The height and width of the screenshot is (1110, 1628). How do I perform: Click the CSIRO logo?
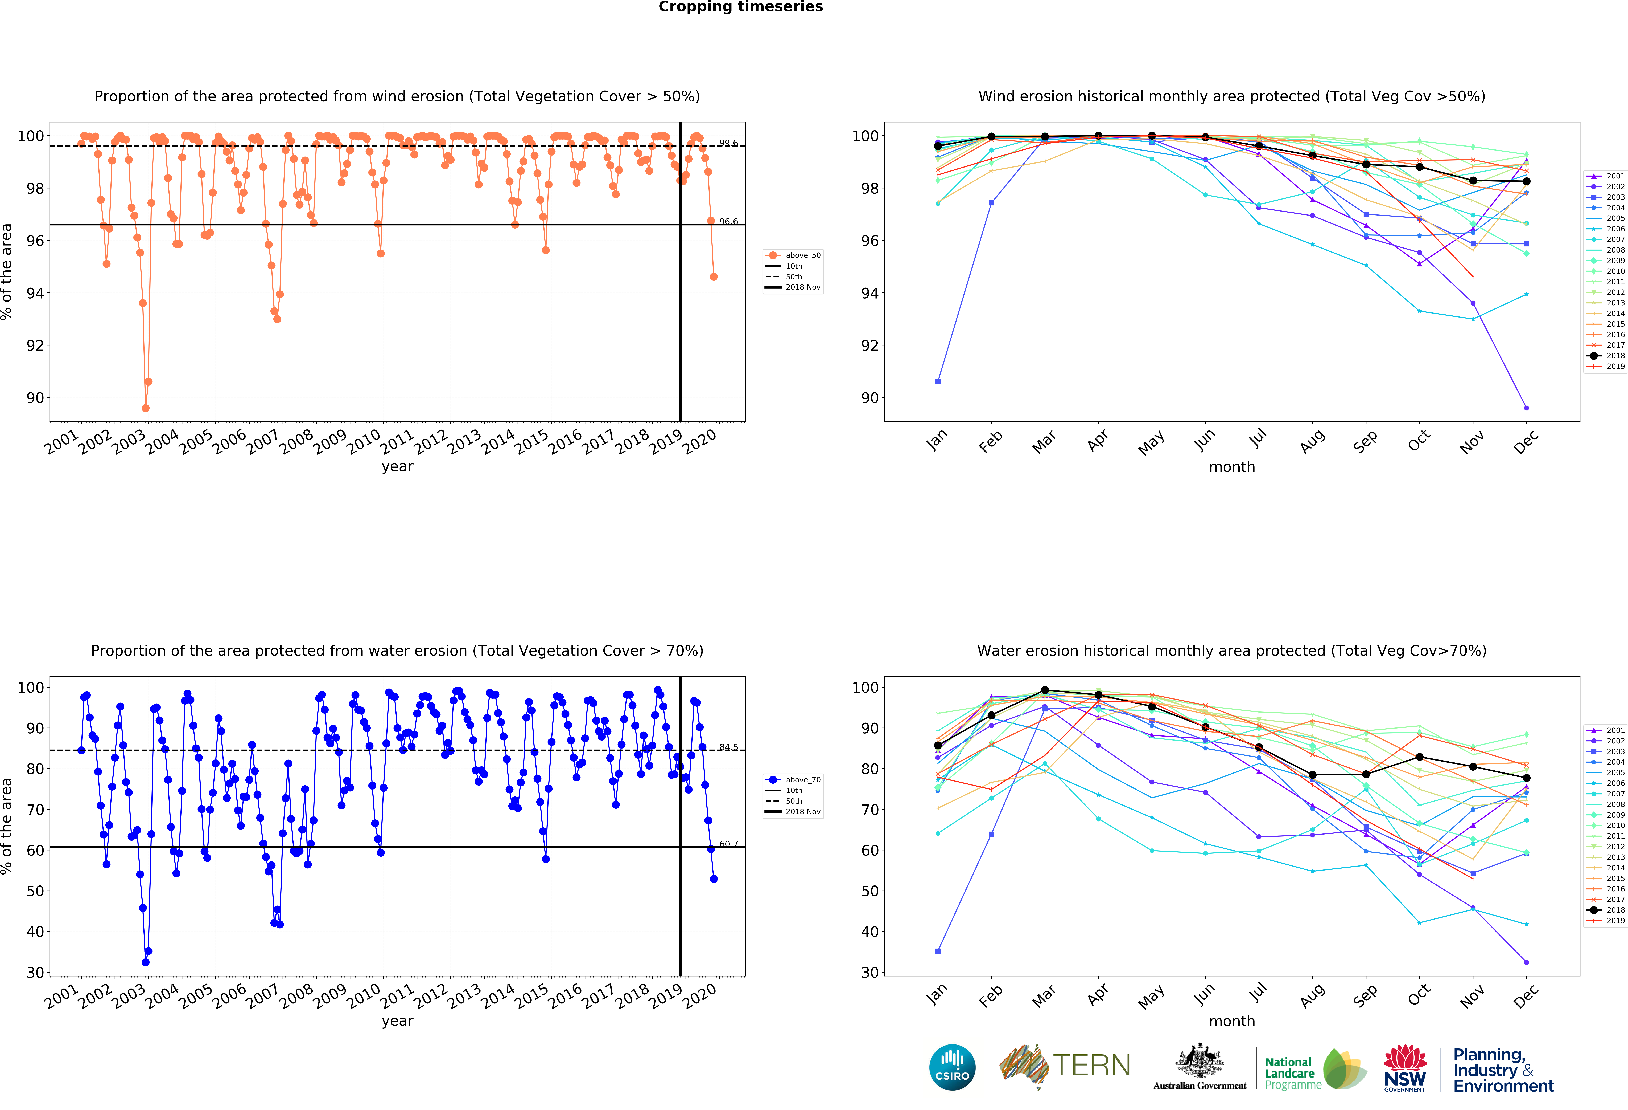tap(952, 1067)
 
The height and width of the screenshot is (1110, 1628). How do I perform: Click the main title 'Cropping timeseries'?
tap(740, 7)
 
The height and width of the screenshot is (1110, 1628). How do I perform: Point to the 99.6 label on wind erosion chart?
tap(728, 143)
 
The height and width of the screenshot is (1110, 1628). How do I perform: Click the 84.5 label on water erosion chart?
tap(728, 747)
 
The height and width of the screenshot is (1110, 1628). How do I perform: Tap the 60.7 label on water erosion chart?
tap(728, 844)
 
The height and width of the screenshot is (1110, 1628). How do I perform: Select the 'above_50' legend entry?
tap(802, 255)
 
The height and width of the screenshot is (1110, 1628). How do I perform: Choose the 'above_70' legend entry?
tap(802, 779)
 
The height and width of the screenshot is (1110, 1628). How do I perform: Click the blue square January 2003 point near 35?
tap(938, 951)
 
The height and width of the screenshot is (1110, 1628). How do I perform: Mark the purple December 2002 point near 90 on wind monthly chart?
tap(1526, 408)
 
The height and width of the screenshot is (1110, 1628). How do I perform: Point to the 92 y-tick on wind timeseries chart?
tap(34, 345)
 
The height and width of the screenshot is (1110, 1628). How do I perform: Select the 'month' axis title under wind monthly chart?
tap(1231, 467)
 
